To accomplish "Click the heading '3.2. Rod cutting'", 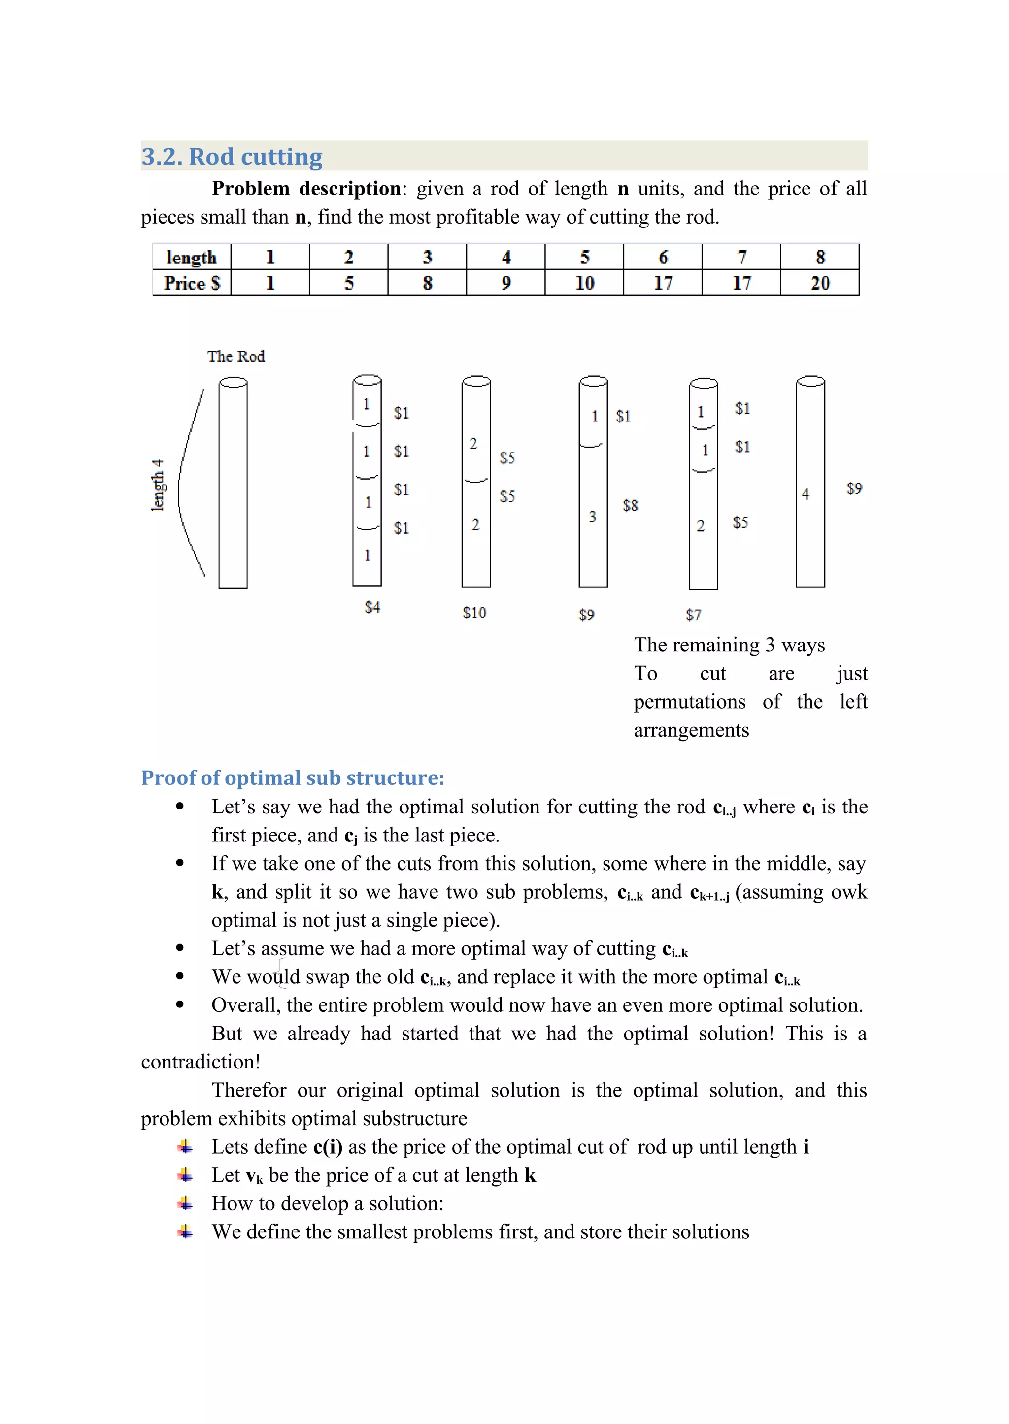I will pyautogui.click(x=232, y=157).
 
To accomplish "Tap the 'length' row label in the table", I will pyautogui.click(x=191, y=257).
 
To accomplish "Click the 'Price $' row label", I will pyautogui.click(x=191, y=283).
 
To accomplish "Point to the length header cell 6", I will pyautogui.click(x=663, y=257).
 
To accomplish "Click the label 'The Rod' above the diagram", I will pyautogui.click(x=236, y=356).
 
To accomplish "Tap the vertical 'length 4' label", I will pyautogui.click(x=158, y=485).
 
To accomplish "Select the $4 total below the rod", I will pyautogui.click(x=372, y=607).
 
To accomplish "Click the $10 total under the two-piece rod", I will pyautogui.click(x=474, y=613).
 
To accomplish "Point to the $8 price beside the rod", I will pyautogui.click(x=630, y=506).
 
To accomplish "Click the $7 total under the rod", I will pyautogui.click(x=693, y=615).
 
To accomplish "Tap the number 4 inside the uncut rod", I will pyautogui.click(x=805, y=494).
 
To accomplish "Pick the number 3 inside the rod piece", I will pyautogui.click(x=592, y=517).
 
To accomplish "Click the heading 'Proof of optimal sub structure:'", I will pyautogui.click(x=293, y=777).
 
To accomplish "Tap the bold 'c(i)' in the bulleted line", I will pyautogui.click(x=328, y=1146).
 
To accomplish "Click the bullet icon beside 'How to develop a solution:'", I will pyautogui.click(x=185, y=1203).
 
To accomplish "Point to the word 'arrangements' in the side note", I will pyautogui.click(x=691, y=730).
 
